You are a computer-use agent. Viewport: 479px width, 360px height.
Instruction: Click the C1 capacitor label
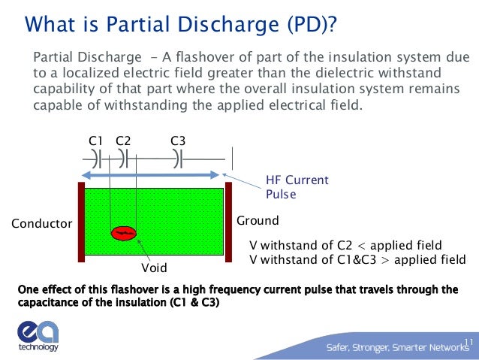tap(95, 141)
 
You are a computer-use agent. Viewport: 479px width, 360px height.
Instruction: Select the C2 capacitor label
tap(124, 141)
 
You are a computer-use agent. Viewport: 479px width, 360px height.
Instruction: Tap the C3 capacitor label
tap(178, 141)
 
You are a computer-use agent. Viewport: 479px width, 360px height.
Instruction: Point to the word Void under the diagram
tap(154, 268)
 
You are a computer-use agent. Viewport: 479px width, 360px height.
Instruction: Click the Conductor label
tap(41, 223)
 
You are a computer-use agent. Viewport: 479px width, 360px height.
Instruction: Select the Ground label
tap(258, 221)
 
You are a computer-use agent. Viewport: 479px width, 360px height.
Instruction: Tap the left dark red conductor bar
tap(80, 221)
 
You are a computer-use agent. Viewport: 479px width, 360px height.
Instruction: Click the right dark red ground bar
tap(228, 221)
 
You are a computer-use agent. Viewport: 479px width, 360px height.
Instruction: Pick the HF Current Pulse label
tap(297, 187)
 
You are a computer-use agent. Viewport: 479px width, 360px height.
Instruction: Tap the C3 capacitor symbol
tap(177, 159)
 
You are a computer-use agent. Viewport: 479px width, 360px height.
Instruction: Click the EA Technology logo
tap(37, 336)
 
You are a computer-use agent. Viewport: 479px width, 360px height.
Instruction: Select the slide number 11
tap(468, 343)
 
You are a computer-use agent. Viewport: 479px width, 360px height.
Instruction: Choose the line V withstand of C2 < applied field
tap(345, 246)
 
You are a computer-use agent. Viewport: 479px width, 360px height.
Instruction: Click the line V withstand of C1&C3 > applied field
tap(357, 259)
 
